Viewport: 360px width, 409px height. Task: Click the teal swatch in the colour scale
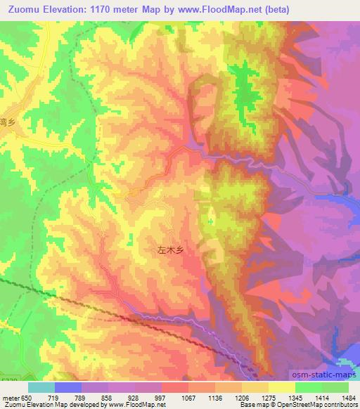point(41,387)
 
